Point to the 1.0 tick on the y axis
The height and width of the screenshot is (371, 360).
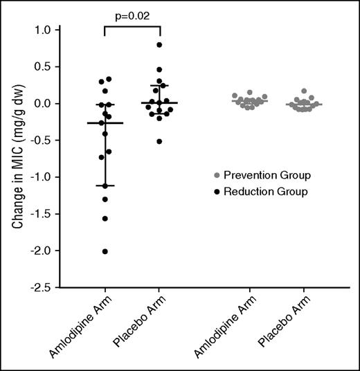tap(44, 30)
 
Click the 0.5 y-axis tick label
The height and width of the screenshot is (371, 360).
tap(44, 67)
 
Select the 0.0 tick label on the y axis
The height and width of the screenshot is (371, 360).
tap(44, 104)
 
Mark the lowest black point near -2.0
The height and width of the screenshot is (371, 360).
tap(105, 251)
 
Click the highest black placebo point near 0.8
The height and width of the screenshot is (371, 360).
tap(160, 45)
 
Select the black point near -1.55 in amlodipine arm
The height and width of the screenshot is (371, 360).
tap(105, 219)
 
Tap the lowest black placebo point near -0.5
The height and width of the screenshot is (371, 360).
tap(160, 141)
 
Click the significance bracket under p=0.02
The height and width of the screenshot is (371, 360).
tap(132, 26)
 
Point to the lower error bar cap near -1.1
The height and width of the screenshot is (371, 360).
tap(105, 185)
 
